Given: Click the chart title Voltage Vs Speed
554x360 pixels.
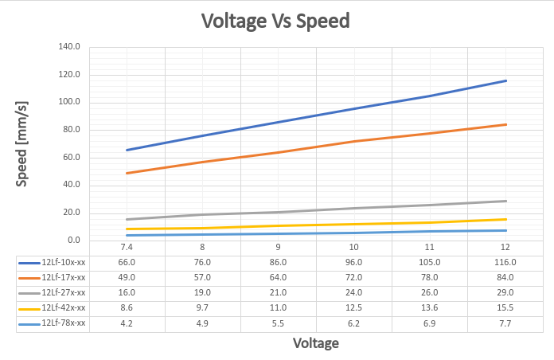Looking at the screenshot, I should click(275, 21).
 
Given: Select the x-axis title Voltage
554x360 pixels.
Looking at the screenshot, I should click(316, 343).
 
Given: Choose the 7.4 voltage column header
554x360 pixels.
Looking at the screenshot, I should click(127, 248).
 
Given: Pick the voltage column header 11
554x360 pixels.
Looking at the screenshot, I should click(430, 248).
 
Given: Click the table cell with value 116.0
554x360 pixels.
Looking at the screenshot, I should click(505, 262).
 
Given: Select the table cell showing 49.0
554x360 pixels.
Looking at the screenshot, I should click(127, 277).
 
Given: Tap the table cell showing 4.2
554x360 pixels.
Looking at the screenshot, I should click(127, 323).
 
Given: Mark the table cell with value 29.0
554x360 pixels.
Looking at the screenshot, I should click(505, 292).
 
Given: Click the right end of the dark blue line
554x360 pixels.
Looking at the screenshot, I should click(505, 80).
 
